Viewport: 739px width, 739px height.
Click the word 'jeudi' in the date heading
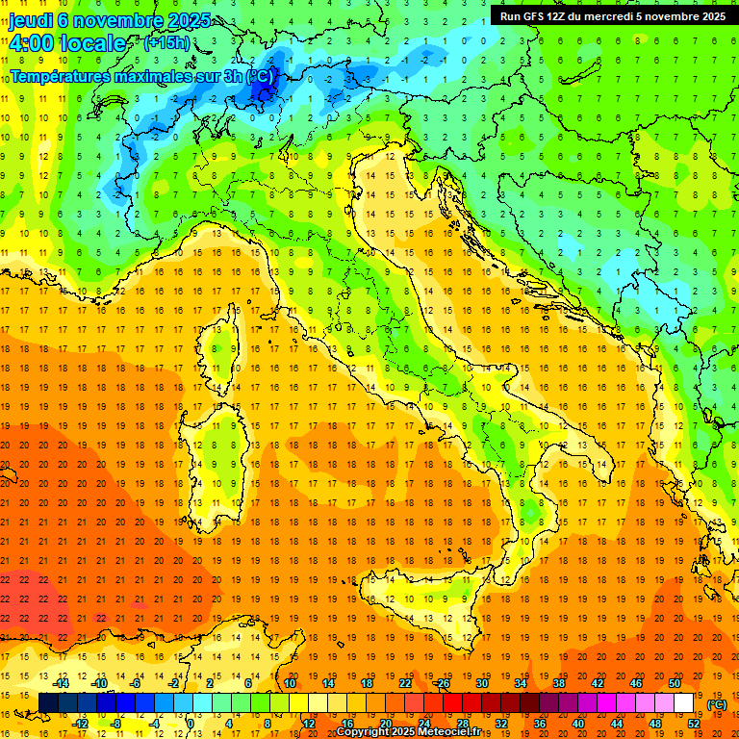coord(31,20)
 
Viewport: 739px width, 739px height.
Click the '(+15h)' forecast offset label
coord(166,43)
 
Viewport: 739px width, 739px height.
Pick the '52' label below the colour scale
coord(694,724)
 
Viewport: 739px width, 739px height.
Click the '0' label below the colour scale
coord(190,724)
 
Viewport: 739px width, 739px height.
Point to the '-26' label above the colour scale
coord(442,684)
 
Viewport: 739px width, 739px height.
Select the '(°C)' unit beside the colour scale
coord(716,704)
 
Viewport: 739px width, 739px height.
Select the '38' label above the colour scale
coord(558,684)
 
